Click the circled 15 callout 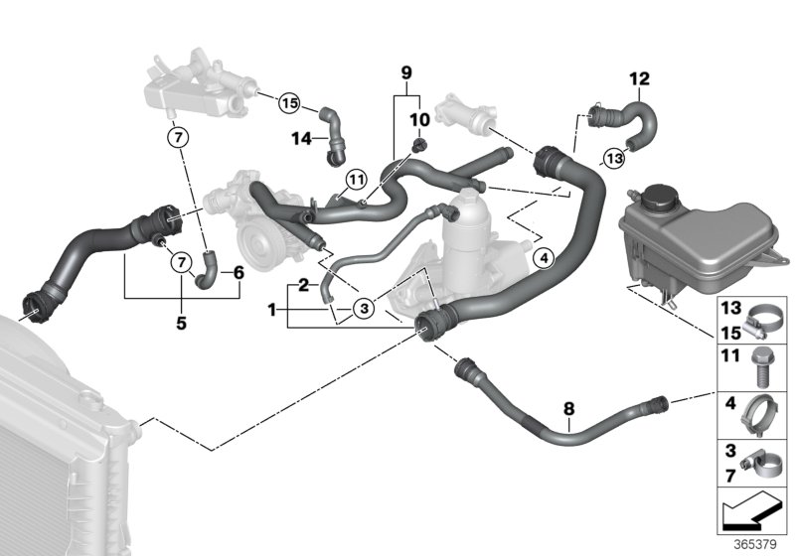pos(289,102)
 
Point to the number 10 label pos(418,120)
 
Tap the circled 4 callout pos(542,258)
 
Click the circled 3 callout pos(364,309)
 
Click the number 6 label pos(238,272)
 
